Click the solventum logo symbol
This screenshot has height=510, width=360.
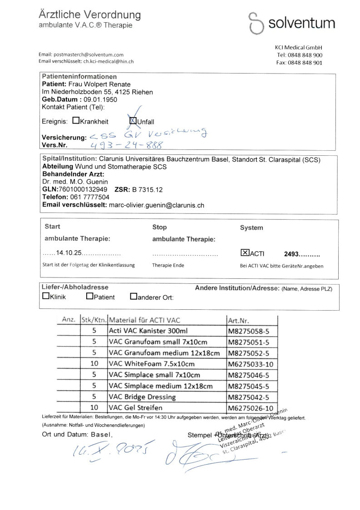click(x=255, y=23)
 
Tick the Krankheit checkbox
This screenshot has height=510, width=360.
click(x=76, y=121)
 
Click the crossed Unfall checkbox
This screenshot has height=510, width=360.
click(x=133, y=121)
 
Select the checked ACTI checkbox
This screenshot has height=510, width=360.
click(x=244, y=253)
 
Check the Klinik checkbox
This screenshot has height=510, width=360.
click(x=45, y=296)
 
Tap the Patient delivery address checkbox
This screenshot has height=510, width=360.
click(x=89, y=297)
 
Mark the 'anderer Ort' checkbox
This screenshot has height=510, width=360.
click(x=133, y=297)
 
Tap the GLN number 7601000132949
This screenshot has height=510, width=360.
click(x=84, y=189)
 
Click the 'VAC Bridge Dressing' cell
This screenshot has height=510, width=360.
click(x=142, y=397)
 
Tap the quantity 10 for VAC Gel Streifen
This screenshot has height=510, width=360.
click(x=94, y=408)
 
